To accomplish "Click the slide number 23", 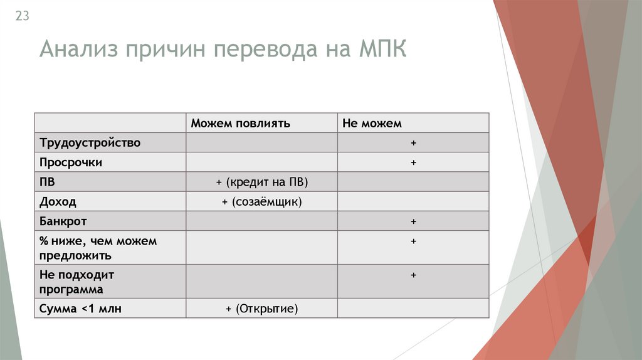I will point(22,17).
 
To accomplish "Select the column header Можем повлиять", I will point(240,124).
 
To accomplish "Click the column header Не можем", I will point(372,124).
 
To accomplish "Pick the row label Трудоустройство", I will point(90,143).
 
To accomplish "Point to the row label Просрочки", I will point(71,162).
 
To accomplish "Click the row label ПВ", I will point(47,182).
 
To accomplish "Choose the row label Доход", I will point(58,202).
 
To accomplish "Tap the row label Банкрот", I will point(63,221).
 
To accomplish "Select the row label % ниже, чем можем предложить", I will point(97,248).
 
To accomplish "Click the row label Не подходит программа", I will point(76,282).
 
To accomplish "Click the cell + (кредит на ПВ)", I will point(262,182).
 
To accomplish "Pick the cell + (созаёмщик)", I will point(261,202).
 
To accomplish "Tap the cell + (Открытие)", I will point(261,309).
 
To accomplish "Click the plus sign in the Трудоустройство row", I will point(414,143).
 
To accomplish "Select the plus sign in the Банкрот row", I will point(414,221).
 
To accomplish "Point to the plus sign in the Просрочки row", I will point(414,162).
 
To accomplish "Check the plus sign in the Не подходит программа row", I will point(414,275).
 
